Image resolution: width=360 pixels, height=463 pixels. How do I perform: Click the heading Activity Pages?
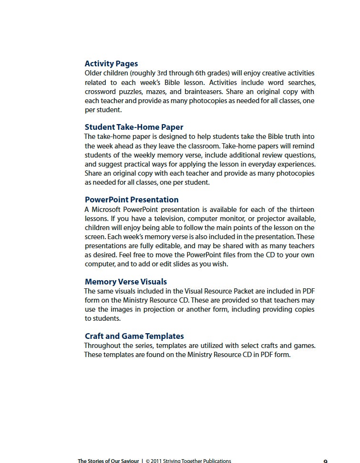coord(111,63)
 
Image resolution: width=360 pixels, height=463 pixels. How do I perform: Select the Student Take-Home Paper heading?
coord(134,127)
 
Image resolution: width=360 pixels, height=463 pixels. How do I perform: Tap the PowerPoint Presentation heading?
coord(132,200)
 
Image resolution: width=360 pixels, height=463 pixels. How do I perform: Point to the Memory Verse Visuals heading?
coord(125,282)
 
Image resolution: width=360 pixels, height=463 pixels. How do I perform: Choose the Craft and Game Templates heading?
coord(134,336)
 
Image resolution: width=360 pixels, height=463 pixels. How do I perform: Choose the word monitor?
coord(233,219)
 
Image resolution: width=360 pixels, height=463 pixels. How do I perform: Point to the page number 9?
coord(325,461)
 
